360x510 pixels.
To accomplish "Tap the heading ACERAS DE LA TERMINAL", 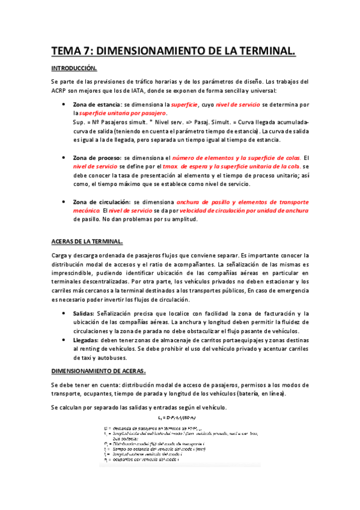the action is point(87,242).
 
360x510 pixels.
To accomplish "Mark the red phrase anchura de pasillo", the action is point(202,203).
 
